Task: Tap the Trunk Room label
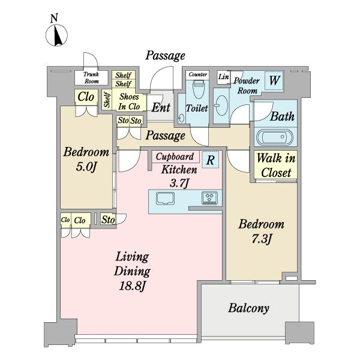click(x=92, y=77)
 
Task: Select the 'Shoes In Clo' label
click(x=128, y=101)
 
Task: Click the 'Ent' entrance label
click(x=160, y=109)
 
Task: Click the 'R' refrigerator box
click(x=209, y=160)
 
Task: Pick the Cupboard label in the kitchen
click(x=175, y=157)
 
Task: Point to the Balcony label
click(x=248, y=308)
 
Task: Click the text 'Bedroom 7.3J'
click(x=261, y=232)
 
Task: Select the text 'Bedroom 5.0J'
click(x=86, y=159)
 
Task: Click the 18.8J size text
click(x=131, y=286)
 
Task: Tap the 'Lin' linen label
click(x=223, y=77)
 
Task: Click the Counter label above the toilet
click(x=197, y=75)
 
